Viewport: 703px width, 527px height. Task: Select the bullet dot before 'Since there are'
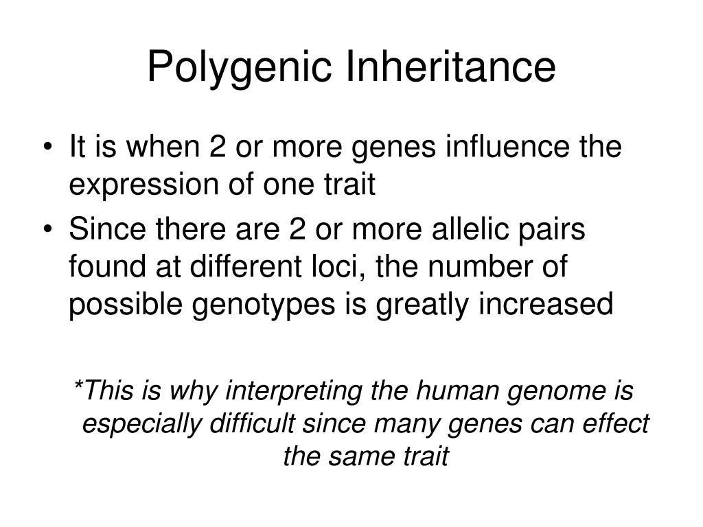[x=55, y=231]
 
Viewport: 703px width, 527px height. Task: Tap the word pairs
[x=556, y=231]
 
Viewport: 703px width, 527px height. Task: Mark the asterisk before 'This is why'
[x=77, y=388]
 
